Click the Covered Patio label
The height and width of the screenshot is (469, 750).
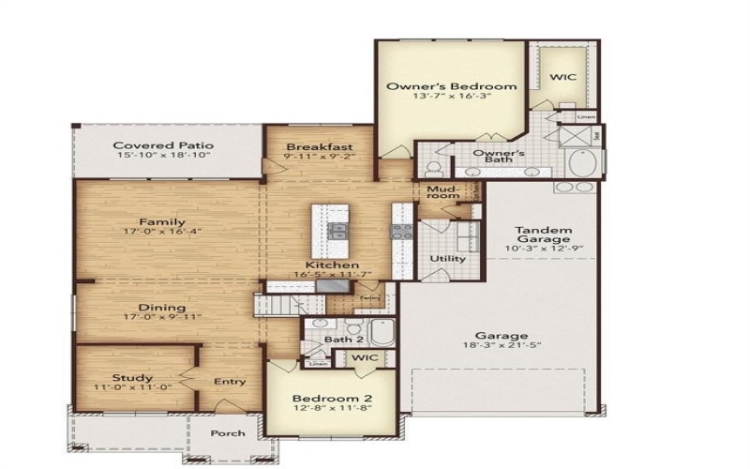tap(163, 145)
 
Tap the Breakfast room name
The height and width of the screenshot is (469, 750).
tap(319, 146)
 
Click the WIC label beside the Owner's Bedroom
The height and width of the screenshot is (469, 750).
tap(562, 78)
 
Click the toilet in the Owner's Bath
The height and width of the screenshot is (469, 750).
tap(433, 170)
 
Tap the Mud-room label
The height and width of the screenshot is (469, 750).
tap(441, 193)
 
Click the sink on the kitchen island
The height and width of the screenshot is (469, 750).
tap(337, 232)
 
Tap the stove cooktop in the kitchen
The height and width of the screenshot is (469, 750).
tap(401, 232)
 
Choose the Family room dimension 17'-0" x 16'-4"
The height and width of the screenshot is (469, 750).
tap(163, 230)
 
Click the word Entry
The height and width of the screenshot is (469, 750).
tap(230, 381)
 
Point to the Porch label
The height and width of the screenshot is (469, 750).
tap(228, 432)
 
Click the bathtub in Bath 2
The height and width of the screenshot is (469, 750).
tap(382, 333)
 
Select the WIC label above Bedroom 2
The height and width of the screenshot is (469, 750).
tap(362, 357)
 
